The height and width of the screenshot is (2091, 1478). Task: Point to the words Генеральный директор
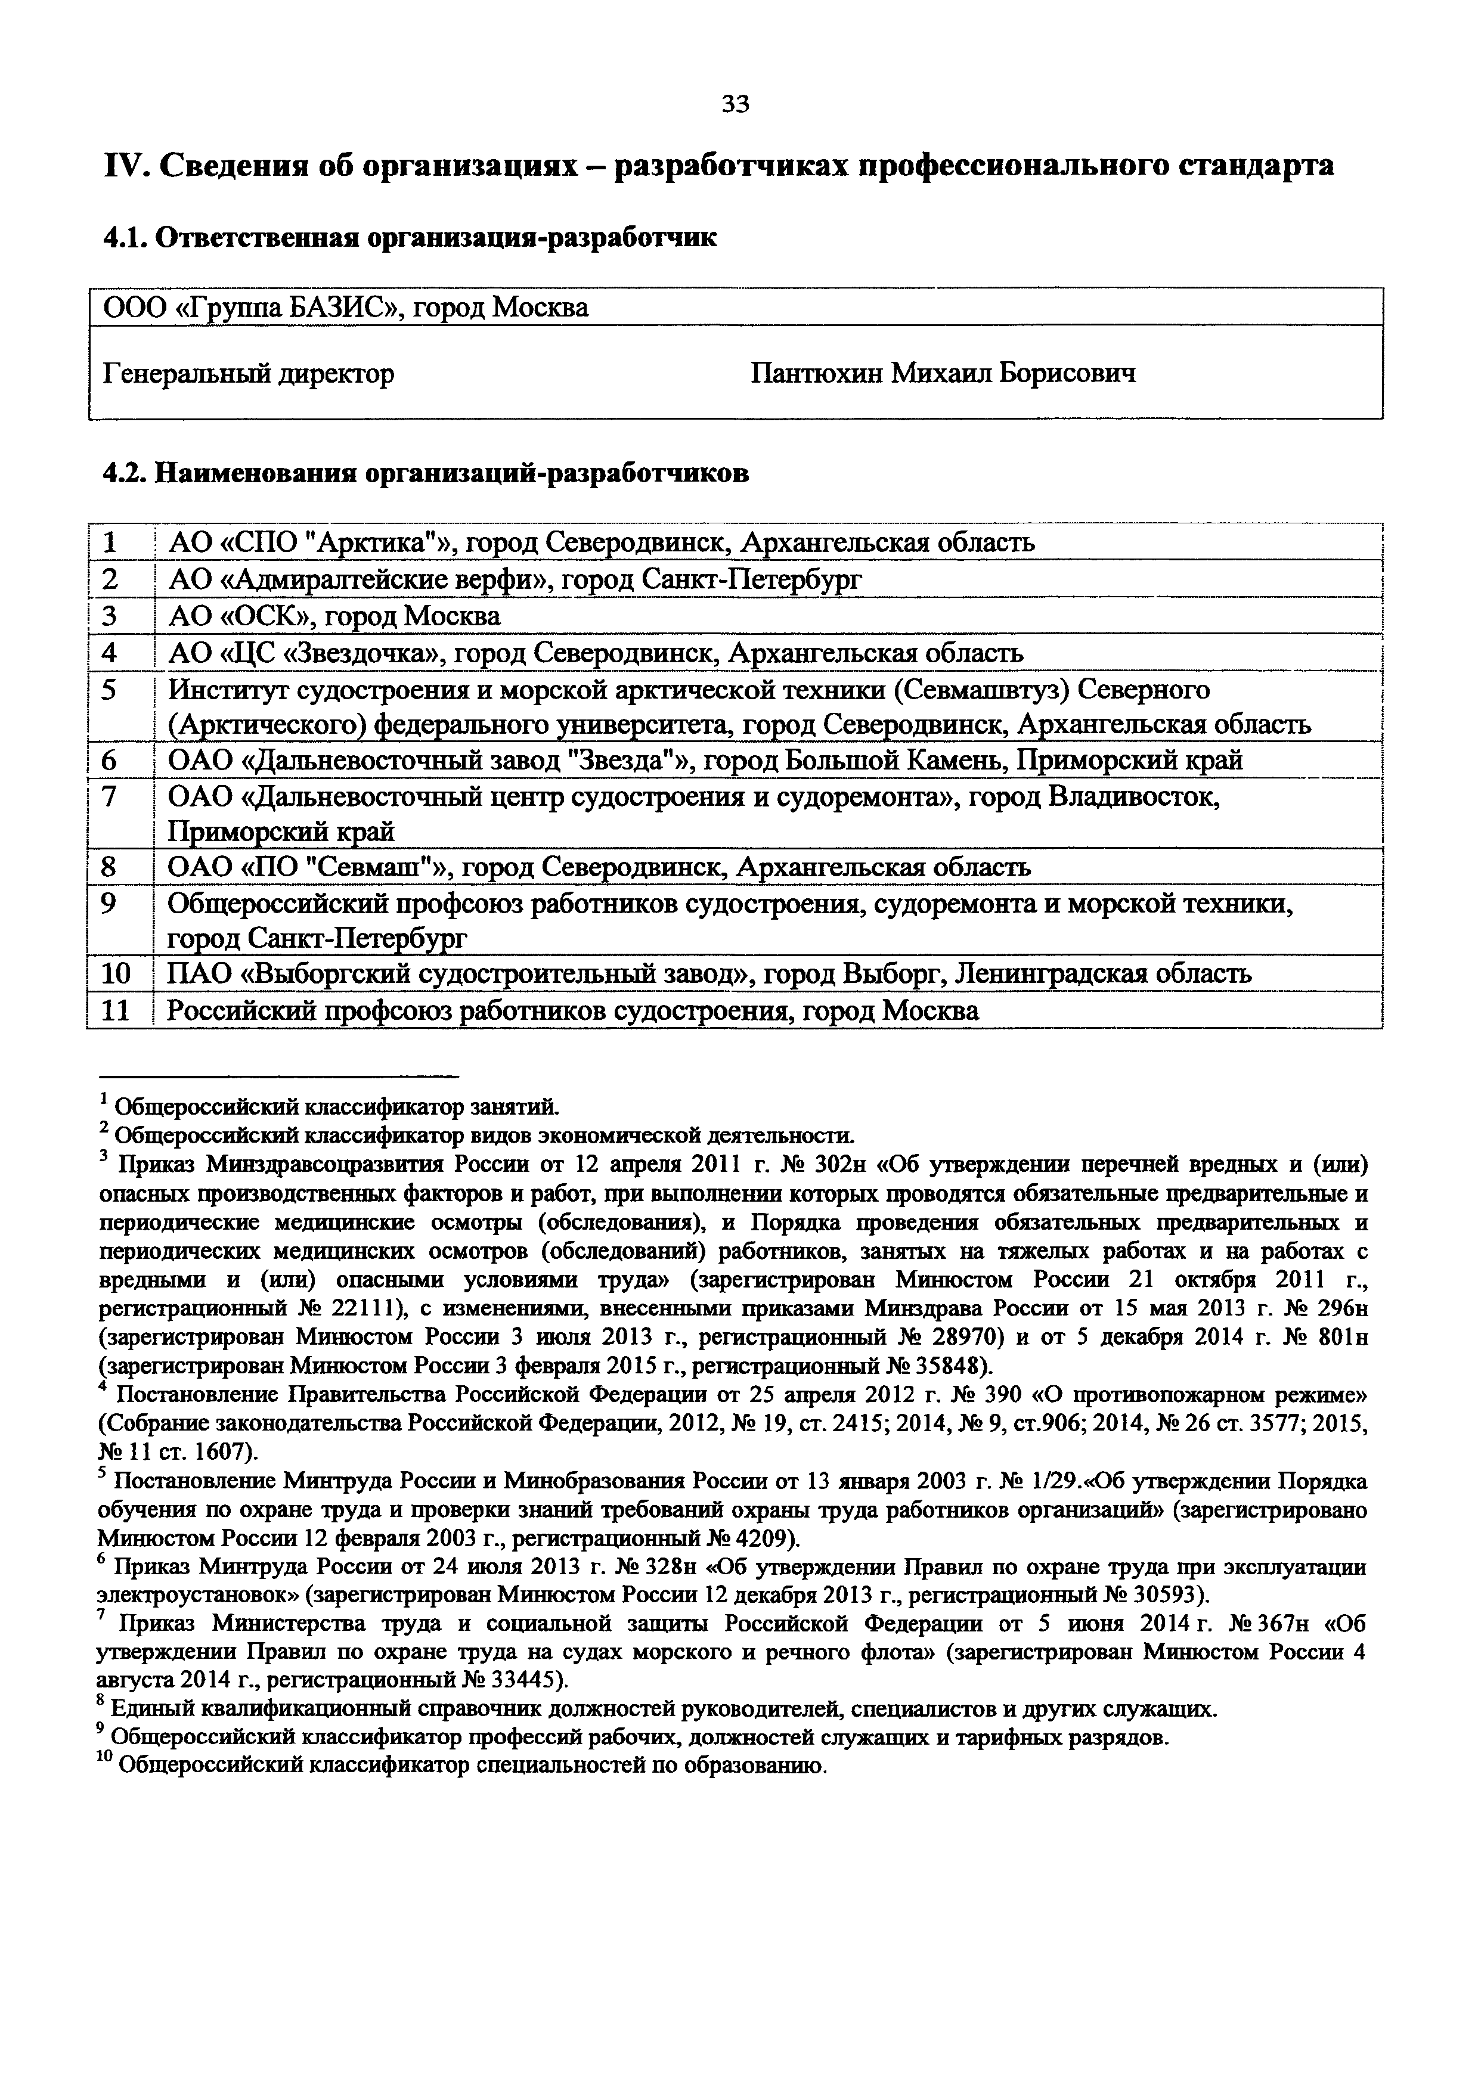click(249, 373)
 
